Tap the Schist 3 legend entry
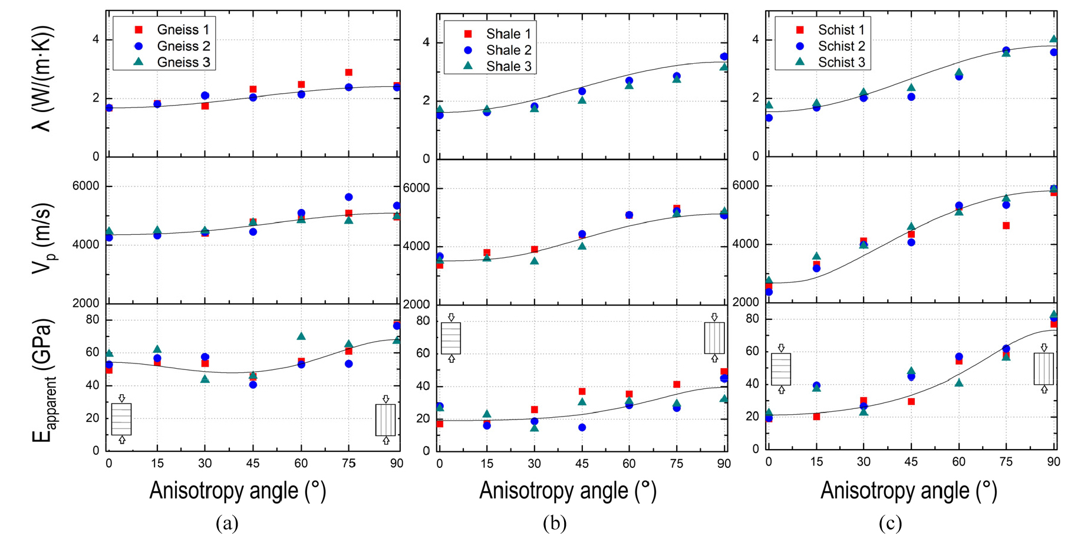[x=832, y=62]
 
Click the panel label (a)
[x=227, y=523]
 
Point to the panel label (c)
[x=890, y=523]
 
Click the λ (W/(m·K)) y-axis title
[x=43, y=78]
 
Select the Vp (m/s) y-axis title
[x=43, y=238]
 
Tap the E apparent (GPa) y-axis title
[x=43, y=381]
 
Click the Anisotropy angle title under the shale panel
[x=568, y=491]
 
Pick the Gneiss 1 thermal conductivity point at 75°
[x=349, y=73]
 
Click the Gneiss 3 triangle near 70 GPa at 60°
[x=301, y=336]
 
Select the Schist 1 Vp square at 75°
[x=1006, y=225]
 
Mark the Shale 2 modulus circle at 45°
[x=582, y=427]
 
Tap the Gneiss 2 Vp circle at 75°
[x=349, y=197]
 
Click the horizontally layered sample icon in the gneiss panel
[x=121, y=419]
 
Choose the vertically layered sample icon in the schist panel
[x=1043, y=369]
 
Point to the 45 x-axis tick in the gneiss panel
[x=253, y=464]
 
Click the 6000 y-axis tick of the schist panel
[x=745, y=185]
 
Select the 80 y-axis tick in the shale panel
[x=423, y=321]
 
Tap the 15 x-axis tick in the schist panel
[x=816, y=462]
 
